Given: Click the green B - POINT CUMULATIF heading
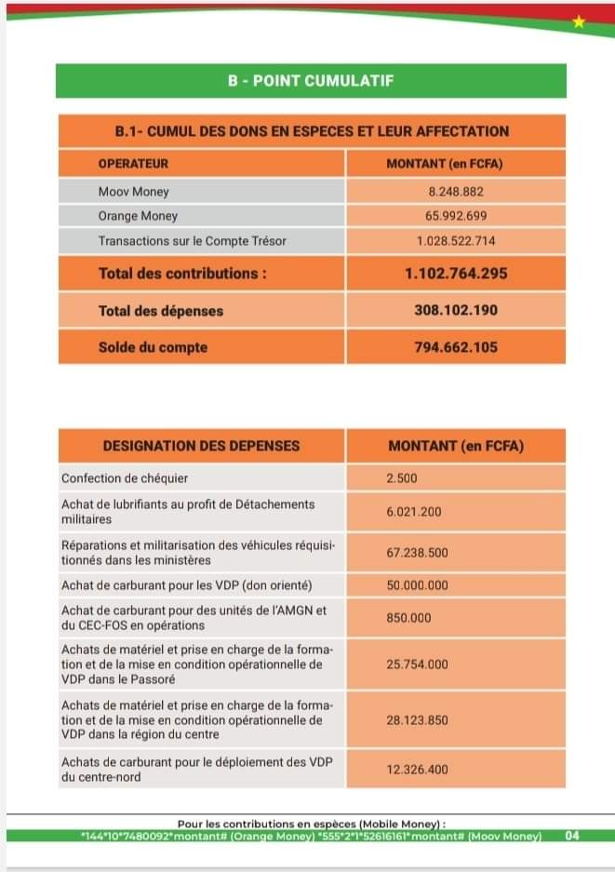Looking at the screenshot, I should [x=311, y=81].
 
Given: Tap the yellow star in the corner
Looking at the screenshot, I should [x=579, y=21].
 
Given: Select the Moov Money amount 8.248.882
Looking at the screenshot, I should [x=456, y=192].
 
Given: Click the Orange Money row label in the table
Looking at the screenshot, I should [x=138, y=216].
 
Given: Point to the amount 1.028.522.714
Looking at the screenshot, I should [x=456, y=241].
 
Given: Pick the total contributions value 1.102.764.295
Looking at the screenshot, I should [x=456, y=275].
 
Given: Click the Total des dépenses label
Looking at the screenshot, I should [x=161, y=311].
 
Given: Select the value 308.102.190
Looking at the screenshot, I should [x=456, y=311].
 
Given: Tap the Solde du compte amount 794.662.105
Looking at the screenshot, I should [x=456, y=347].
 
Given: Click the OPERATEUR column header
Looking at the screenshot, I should [x=133, y=164].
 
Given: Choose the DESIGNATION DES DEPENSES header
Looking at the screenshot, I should [x=201, y=446].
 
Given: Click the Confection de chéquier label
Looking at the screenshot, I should [x=125, y=478].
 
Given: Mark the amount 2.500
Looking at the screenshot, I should [x=402, y=478].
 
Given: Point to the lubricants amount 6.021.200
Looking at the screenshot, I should [x=414, y=512].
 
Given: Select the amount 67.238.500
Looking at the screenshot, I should [x=418, y=552].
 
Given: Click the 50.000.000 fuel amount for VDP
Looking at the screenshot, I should [x=418, y=585].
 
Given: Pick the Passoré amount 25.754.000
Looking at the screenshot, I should [x=418, y=664].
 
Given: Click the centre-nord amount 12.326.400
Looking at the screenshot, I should [x=418, y=770].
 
